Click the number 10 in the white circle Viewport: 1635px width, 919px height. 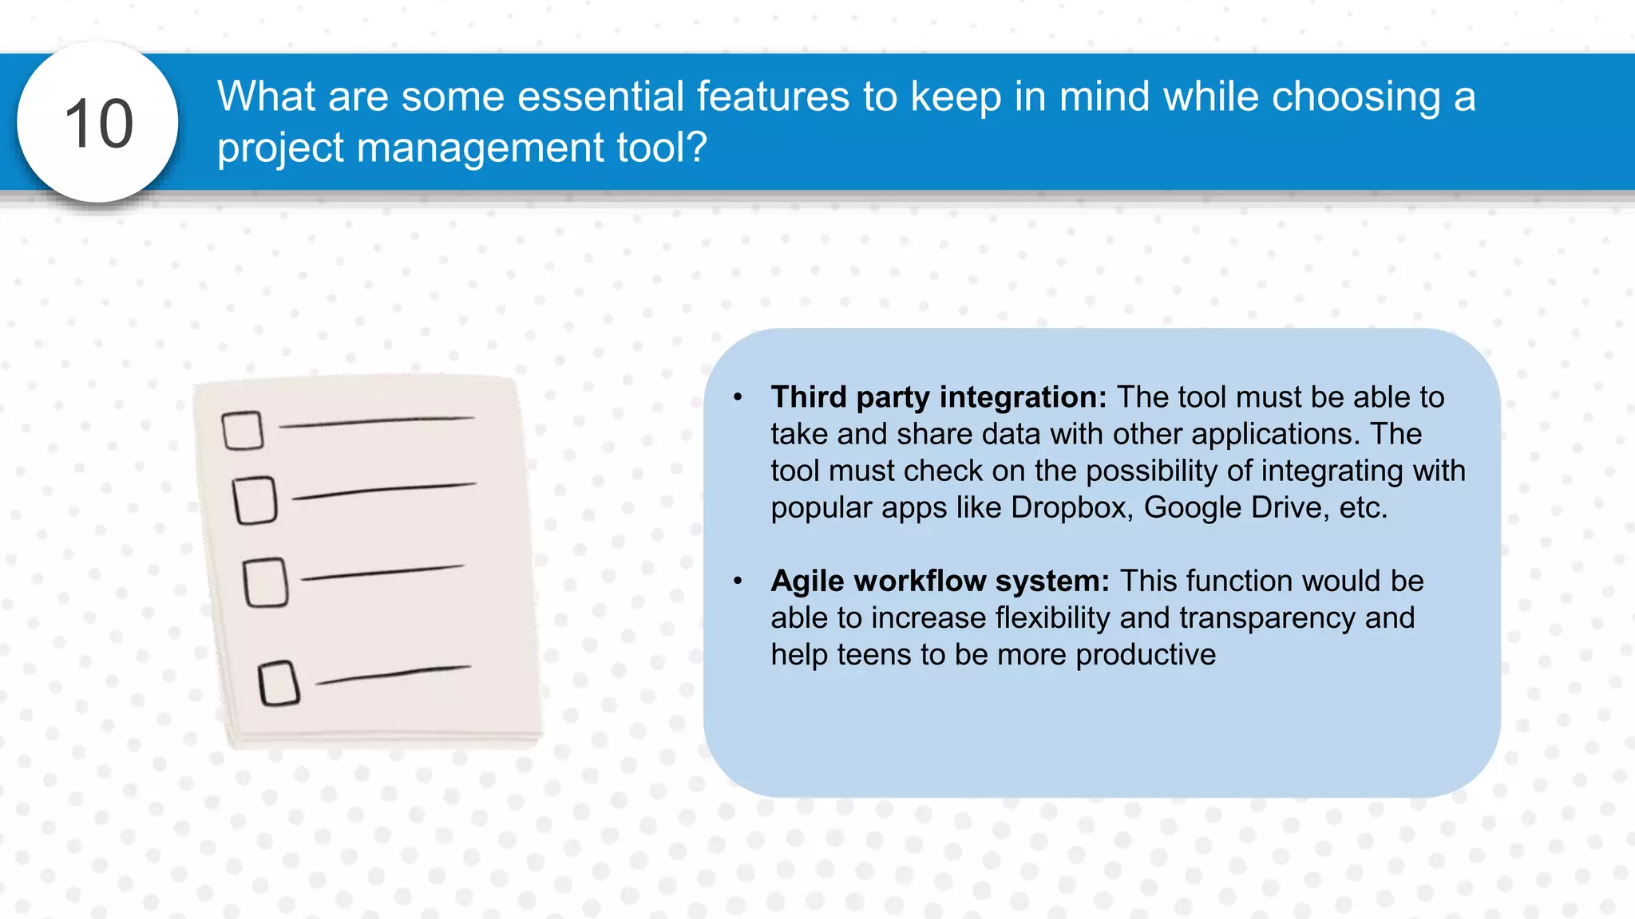click(98, 124)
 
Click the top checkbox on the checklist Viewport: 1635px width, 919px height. click(243, 431)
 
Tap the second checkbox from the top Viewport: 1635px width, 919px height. click(255, 500)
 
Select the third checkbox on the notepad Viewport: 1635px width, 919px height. click(266, 582)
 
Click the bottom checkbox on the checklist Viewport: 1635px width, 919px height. click(279, 683)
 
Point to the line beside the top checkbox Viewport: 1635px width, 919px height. click(377, 421)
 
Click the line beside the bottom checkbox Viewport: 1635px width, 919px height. click(393, 675)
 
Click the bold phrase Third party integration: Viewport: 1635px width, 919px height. click(938, 397)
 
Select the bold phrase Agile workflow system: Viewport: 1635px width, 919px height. click(940, 581)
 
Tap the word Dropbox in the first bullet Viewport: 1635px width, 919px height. click(1071, 507)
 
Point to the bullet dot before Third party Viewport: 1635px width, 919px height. click(738, 396)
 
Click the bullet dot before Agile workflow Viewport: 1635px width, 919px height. click(738, 581)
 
